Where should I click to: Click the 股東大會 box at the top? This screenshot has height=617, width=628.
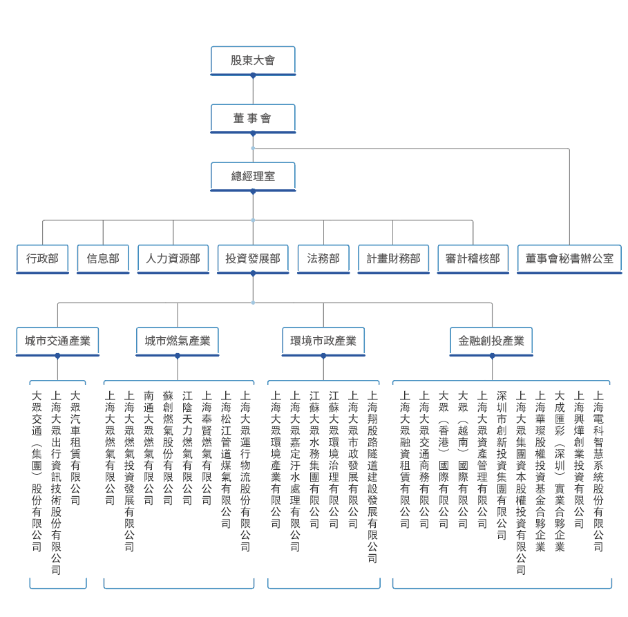pos(253,60)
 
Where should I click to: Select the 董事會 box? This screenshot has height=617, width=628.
pos(253,118)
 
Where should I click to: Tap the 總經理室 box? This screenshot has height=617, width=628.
pos(253,176)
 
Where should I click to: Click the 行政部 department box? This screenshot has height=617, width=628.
pos(42,258)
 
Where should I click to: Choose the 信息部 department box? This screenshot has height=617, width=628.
pos(103,258)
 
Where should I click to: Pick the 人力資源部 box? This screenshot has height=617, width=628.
pos(173,258)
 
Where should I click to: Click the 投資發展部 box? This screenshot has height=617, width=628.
pos(253,258)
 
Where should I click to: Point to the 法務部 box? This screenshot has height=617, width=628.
pos(323,258)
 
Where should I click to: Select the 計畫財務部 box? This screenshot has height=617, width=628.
pos(393,258)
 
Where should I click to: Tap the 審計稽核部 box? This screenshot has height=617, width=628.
pos(473,258)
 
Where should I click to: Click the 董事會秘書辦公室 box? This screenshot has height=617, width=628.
pos(569,258)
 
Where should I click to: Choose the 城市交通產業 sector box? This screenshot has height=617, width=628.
pos(57,341)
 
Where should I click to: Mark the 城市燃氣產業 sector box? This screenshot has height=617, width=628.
pos(178,341)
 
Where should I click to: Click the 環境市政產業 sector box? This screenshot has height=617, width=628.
pos(323,341)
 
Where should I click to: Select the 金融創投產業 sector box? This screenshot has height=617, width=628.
pos(491,341)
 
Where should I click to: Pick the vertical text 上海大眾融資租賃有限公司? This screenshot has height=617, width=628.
pos(405,459)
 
